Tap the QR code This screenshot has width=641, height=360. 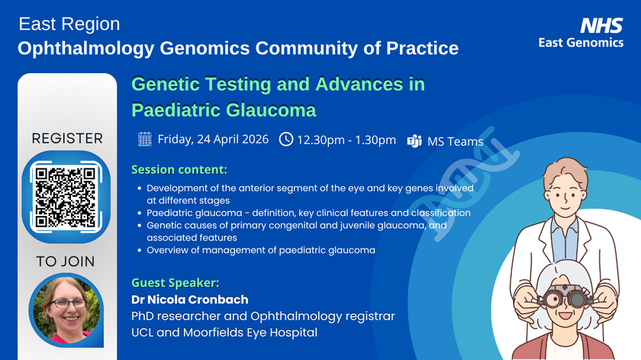[x=66, y=194]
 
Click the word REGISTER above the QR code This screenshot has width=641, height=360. [x=67, y=139]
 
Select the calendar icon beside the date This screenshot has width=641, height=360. [x=145, y=139]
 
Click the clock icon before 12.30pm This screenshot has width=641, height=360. [x=286, y=140]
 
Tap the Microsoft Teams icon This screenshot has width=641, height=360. [x=415, y=140]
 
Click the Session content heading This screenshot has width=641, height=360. [x=179, y=169]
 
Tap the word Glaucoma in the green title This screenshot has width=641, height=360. [x=263, y=109]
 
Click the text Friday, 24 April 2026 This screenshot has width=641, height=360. [x=213, y=139]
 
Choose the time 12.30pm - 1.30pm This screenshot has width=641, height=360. [x=346, y=140]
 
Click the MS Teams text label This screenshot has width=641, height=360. [x=456, y=141]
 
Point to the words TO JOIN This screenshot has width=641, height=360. [x=66, y=261]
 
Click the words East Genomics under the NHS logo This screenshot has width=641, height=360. [x=581, y=43]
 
